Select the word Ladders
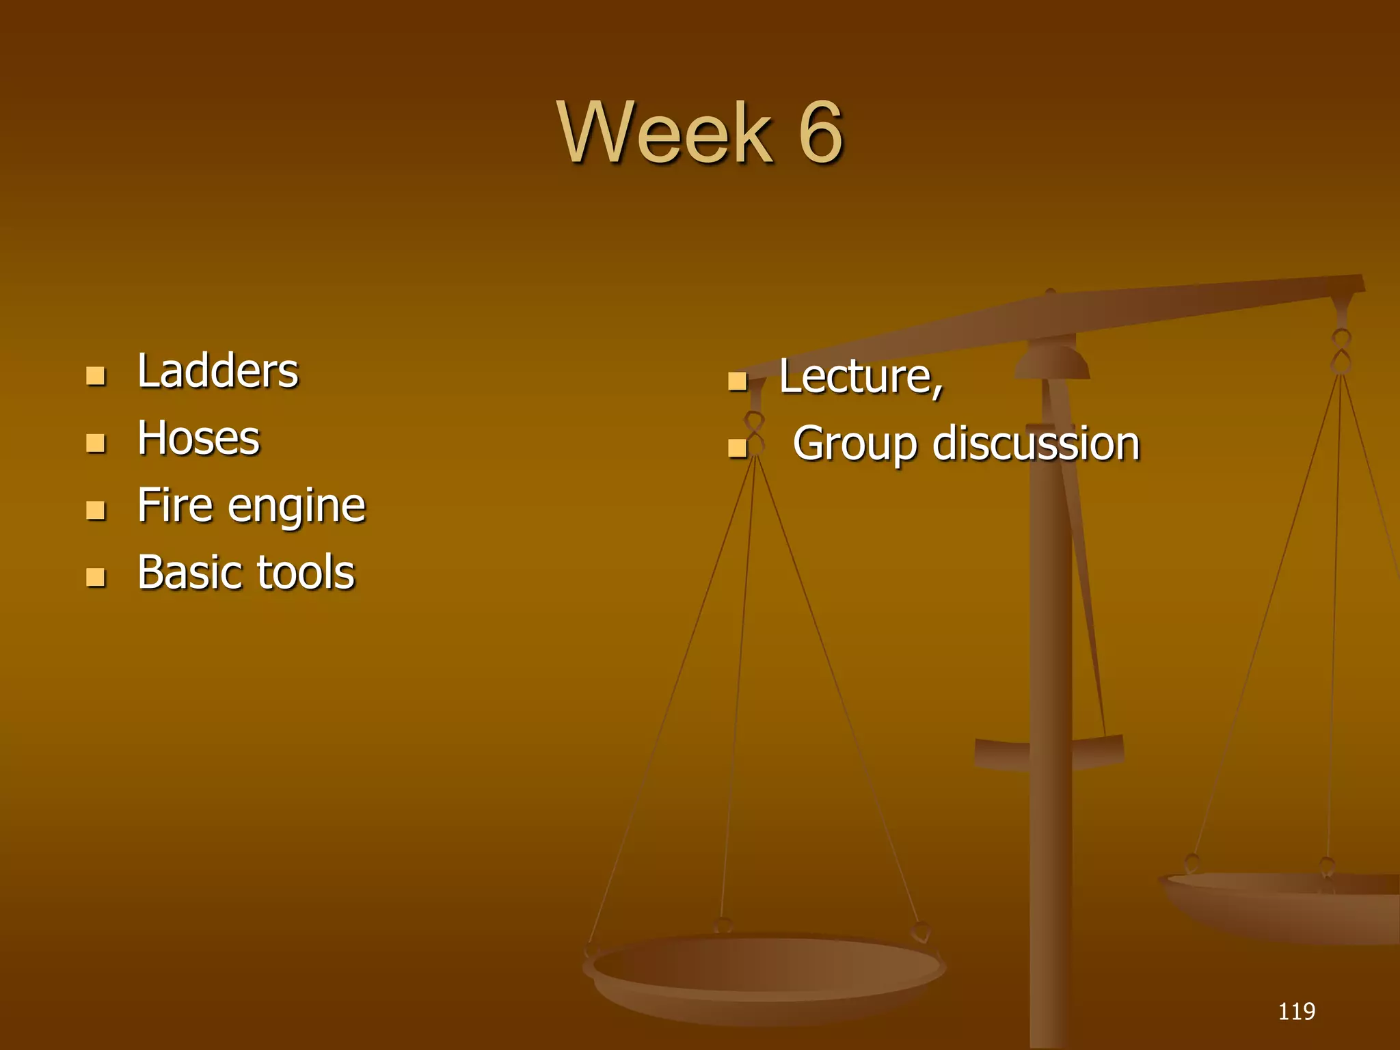(x=217, y=371)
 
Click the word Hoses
(x=198, y=438)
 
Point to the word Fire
(x=175, y=505)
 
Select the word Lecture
(x=860, y=377)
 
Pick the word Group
(x=855, y=445)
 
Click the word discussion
(x=1036, y=444)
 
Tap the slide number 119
(x=1296, y=1011)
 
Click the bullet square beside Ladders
(x=96, y=376)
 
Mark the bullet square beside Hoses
(x=96, y=443)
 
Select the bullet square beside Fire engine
(x=96, y=510)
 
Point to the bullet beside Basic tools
(x=96, y=577)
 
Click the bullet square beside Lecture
(x=737, y=381)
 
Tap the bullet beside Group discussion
(x=737, y=448)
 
